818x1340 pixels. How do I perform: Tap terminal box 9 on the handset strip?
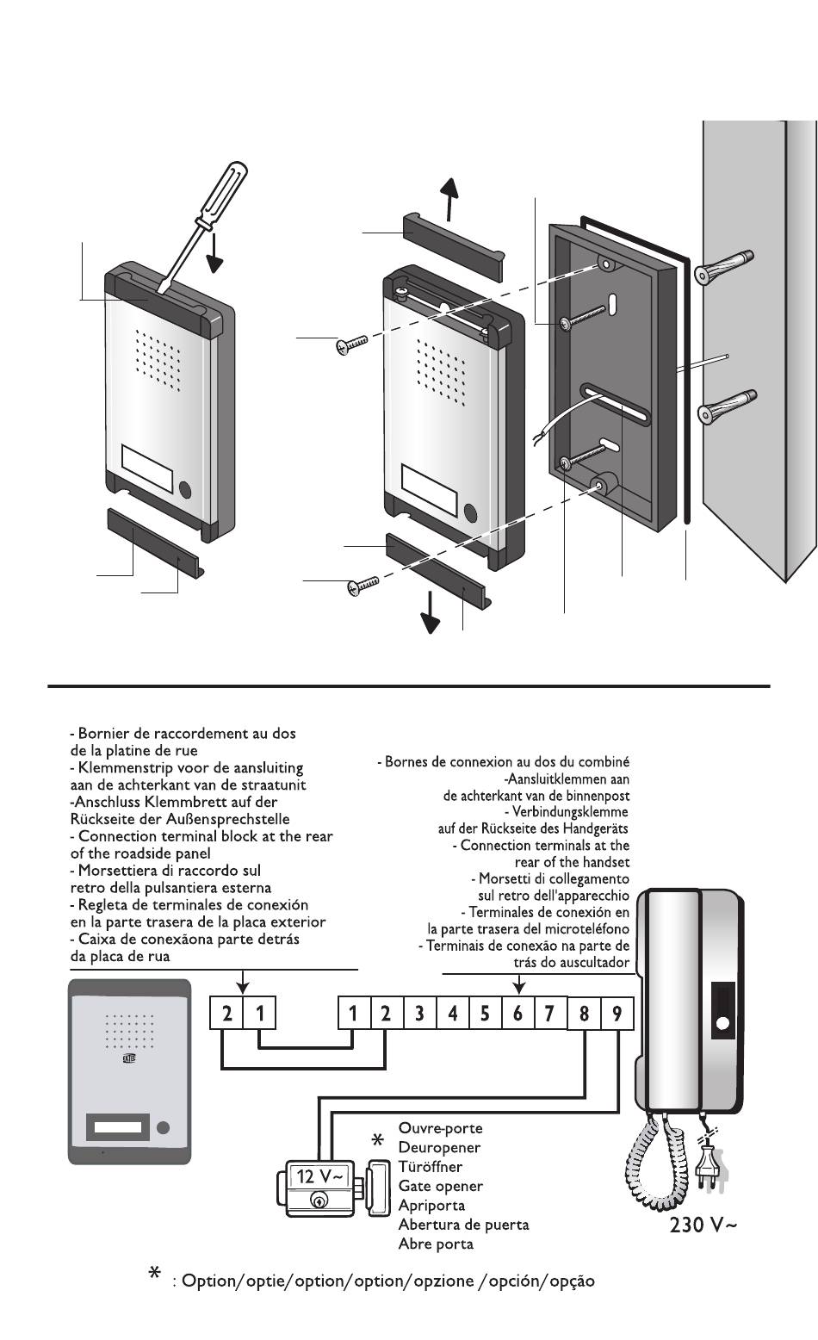(x=617, y=1014)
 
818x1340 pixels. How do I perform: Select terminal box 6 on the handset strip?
(x=517, y=1014)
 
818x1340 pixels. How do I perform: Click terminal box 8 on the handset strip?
(x=585, y=1014)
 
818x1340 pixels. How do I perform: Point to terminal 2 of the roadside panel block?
(x=226, y=1014)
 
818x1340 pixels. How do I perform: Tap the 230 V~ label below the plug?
(x=703, y=1225)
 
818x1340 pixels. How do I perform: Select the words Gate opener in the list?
(x=440, y=1186)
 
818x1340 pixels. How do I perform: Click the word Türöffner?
(x=430, y=1167)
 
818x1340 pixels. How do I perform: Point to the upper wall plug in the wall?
(x=723, y=265)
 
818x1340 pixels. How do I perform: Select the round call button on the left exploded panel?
(x=186, y=489)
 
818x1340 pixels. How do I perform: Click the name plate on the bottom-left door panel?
(x=115, y=1126)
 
